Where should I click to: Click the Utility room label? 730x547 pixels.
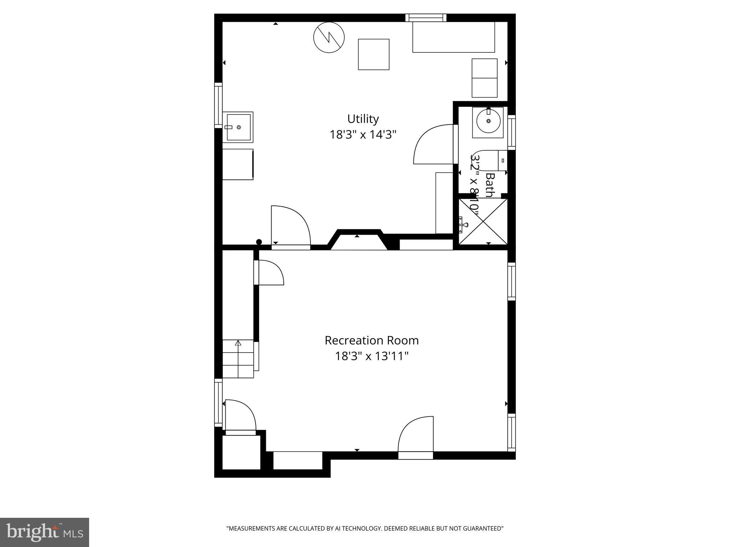(x=363, y=119)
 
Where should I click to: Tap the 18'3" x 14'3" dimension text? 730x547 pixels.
(x=363, y=135)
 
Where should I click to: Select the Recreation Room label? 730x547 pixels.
(x=371, y=340)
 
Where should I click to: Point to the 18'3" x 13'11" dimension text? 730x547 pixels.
(x=371, y=356)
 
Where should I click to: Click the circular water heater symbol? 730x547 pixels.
(x=329, y=37)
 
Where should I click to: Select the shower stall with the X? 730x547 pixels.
(x=483, y=222)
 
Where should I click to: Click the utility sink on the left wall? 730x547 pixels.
(x=238, y=127)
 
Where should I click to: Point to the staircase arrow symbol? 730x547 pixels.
(x=238, y=343)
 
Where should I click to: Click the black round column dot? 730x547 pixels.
(x=259, y=242)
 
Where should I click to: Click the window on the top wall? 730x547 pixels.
(x=426, y=17)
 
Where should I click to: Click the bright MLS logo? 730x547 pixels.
(x=44, y=532)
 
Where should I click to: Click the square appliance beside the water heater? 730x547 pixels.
(x=374, y=54)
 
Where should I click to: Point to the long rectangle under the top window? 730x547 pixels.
(x=454, y=37)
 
